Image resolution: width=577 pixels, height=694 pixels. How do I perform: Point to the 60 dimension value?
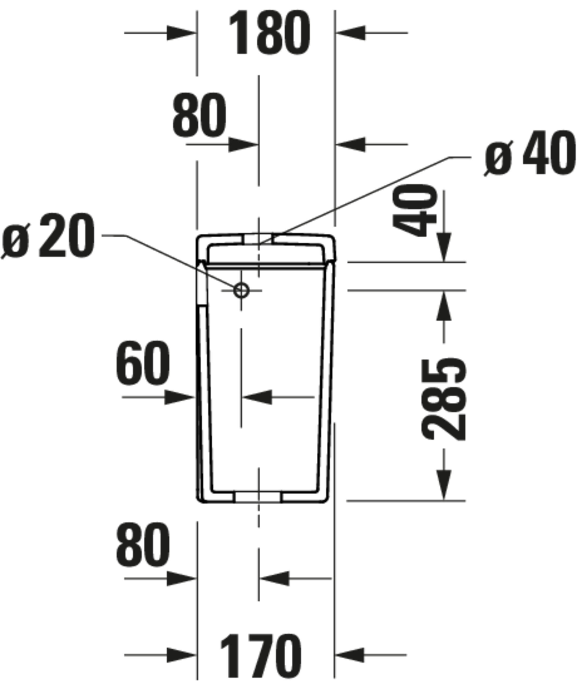click(143, 363)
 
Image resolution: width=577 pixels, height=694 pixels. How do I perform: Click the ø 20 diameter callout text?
click(48, 236)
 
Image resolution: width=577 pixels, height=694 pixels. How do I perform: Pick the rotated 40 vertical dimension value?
click(415, 211)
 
